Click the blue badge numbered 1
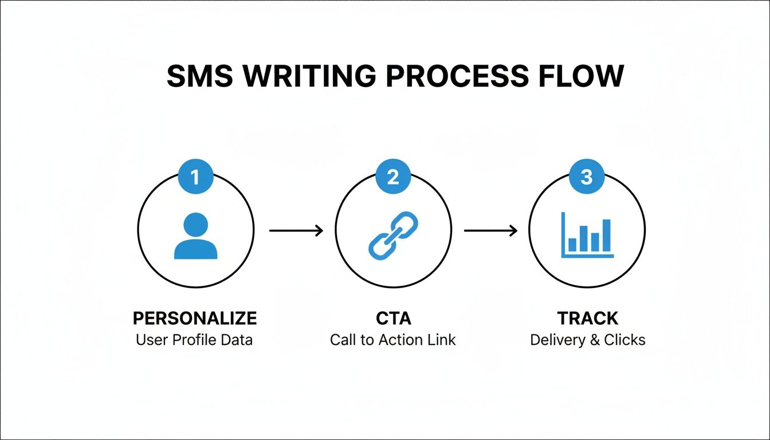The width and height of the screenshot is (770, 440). click(195, 177)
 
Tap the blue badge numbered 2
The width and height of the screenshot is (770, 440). click(392, 177)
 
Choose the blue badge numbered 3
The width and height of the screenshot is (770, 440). click(587, 177)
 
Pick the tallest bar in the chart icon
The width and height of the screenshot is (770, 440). click(607, 235)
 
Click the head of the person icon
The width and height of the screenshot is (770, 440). click(195, 223)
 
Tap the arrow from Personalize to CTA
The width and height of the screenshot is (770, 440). click(296, 231)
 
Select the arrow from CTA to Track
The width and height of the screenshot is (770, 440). click(490, 231)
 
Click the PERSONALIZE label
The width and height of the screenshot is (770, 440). click(195, 318)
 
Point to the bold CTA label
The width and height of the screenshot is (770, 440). click(393, 318)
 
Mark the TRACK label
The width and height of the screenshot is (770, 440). click(588, 318)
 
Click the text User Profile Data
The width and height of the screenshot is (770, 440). click(194, 340)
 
